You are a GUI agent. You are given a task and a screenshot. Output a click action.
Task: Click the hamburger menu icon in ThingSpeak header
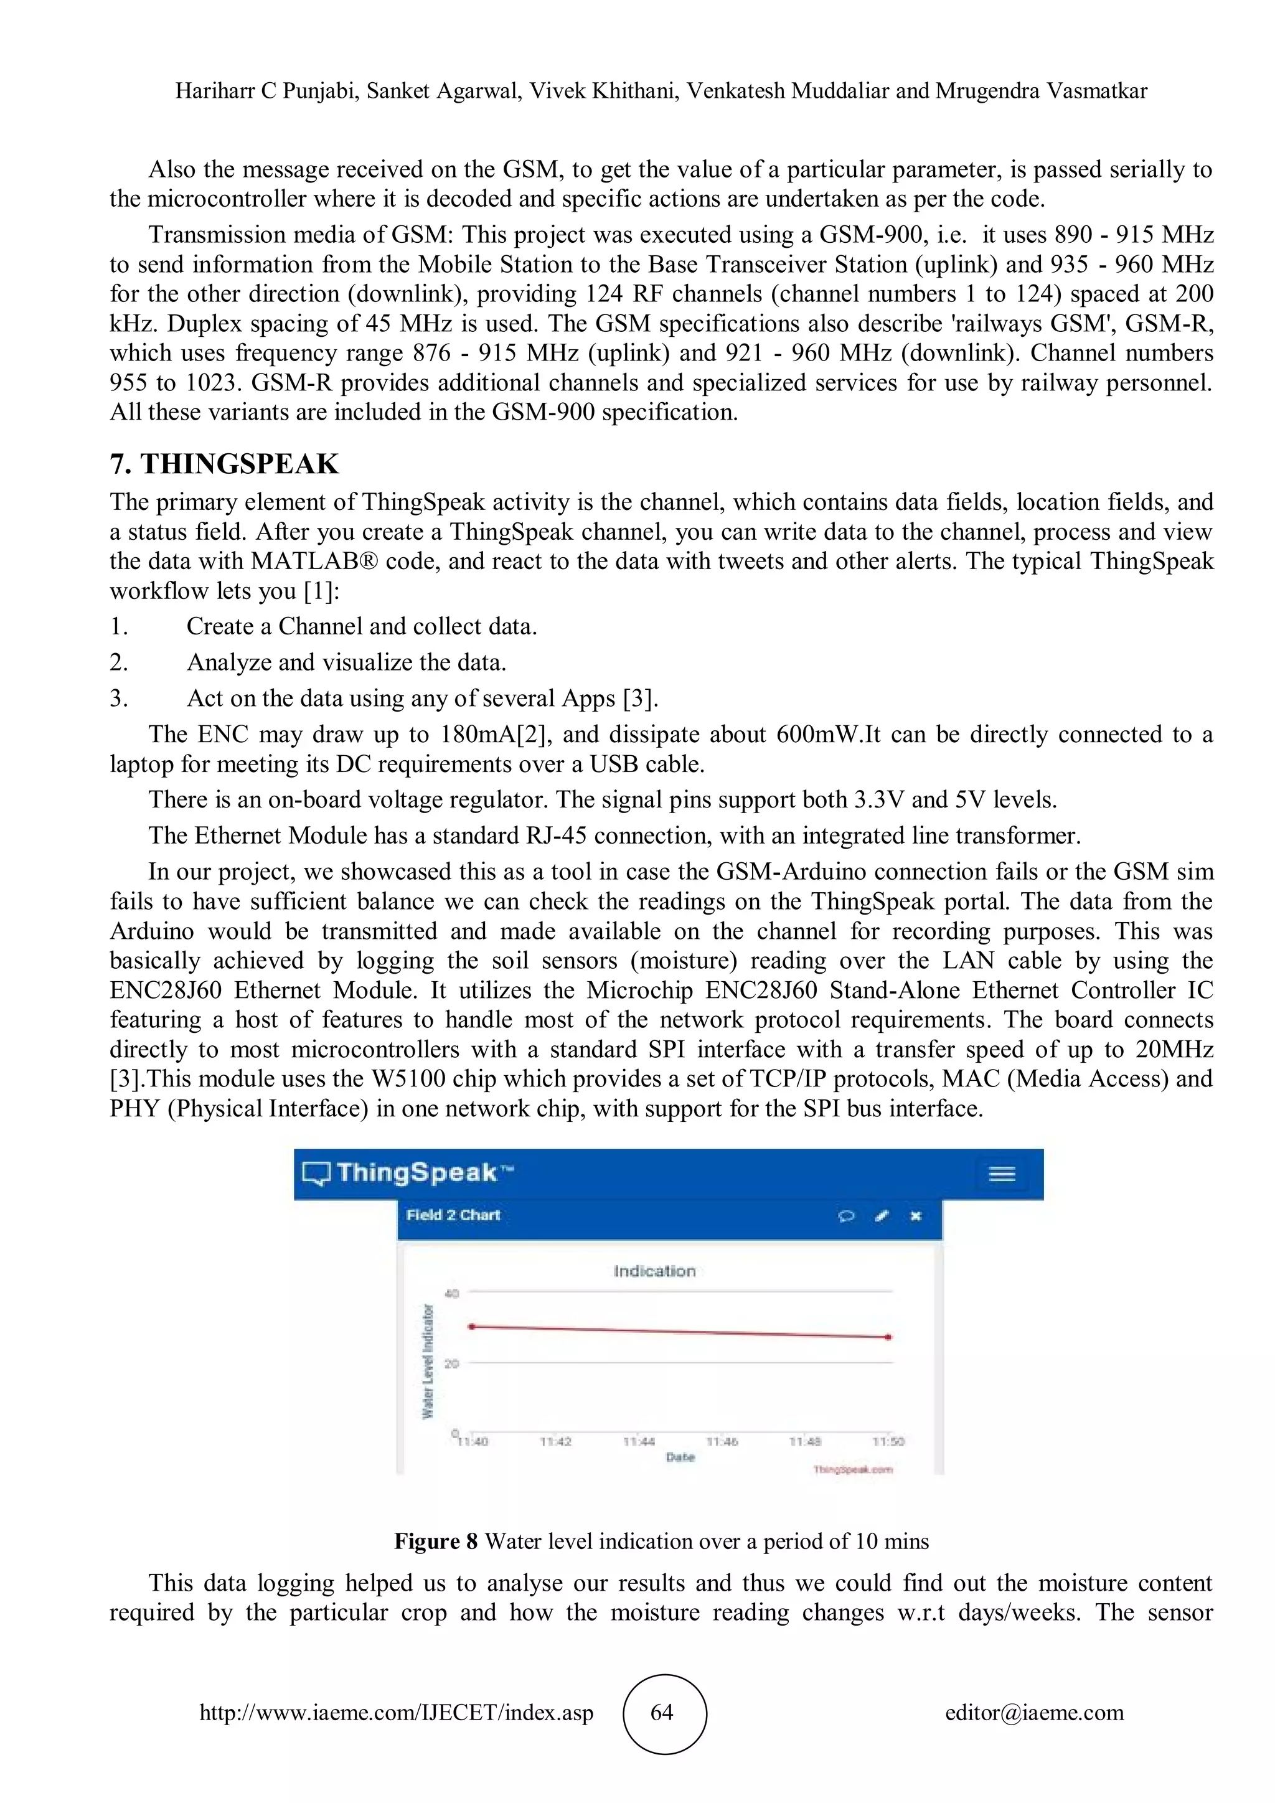(x=1001, y=1174)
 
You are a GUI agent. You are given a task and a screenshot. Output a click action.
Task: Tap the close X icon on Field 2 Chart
(x=915, y=1217)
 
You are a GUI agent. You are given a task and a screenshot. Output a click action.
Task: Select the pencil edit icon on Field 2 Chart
(x=882, y=1217)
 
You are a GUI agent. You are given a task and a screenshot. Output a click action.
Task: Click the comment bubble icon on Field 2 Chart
(x=846, y=1217)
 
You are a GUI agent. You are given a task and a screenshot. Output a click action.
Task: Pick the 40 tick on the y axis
(x=451, y=1293)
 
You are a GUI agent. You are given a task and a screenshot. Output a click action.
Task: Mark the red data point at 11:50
(x=888, y=1337)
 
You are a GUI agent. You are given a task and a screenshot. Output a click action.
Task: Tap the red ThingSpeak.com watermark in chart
(x=853, y=1469)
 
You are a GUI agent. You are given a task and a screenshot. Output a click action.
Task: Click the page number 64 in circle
(x=662, y=1713)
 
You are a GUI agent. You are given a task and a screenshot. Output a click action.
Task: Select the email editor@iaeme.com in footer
(x=1034, y=1713)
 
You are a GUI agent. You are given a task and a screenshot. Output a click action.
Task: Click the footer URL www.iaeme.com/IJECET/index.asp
(x=397, y=1713)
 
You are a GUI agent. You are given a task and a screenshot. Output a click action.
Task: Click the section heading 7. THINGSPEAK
(x=225, y=464)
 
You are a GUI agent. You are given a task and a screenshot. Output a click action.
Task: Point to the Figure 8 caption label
(x=436, y=1542)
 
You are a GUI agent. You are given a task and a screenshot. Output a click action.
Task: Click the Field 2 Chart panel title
(x=453, y=1216)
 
